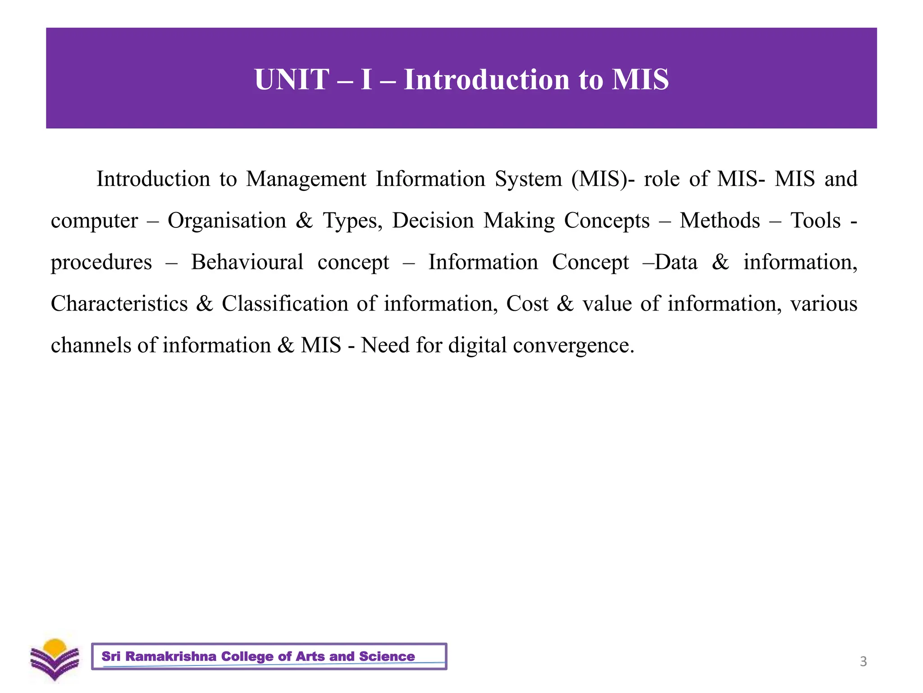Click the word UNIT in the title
[291, 79]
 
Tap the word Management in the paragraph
[306, 179]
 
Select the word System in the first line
[528, 179]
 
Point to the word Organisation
[227, 221]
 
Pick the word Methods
[720, 221]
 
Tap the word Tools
[816, 221]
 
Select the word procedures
[101, 262]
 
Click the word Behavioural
[247, 262]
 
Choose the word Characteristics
[119, 304]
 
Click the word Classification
[285, 304]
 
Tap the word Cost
[527, 304]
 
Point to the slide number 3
[863, 661]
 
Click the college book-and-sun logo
[55, 660]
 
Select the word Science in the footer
[387, 656]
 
